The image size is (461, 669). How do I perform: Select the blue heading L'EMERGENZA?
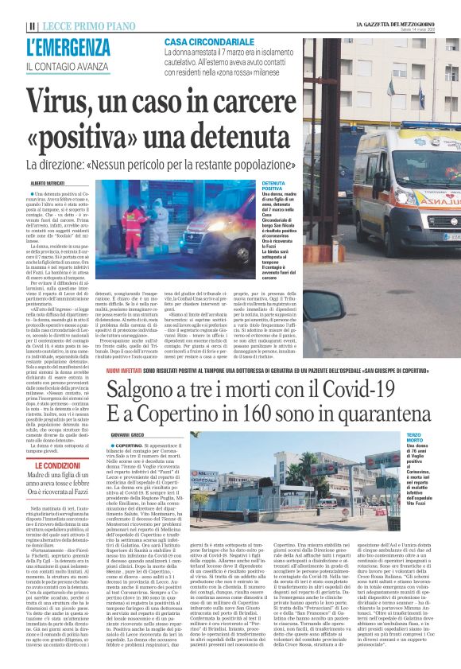click(68, 48)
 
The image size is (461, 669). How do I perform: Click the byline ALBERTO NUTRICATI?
click(46, 184)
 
